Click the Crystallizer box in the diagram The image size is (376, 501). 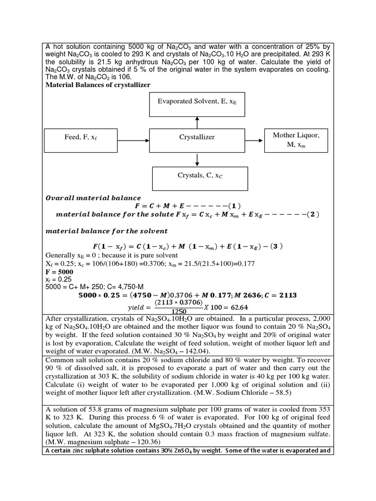pos(197,137)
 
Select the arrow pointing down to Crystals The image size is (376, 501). pos(197,159)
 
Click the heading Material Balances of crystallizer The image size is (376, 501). pos(98,85)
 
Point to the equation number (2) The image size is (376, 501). pos(310,214)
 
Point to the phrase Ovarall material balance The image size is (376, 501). pos(93,198)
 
